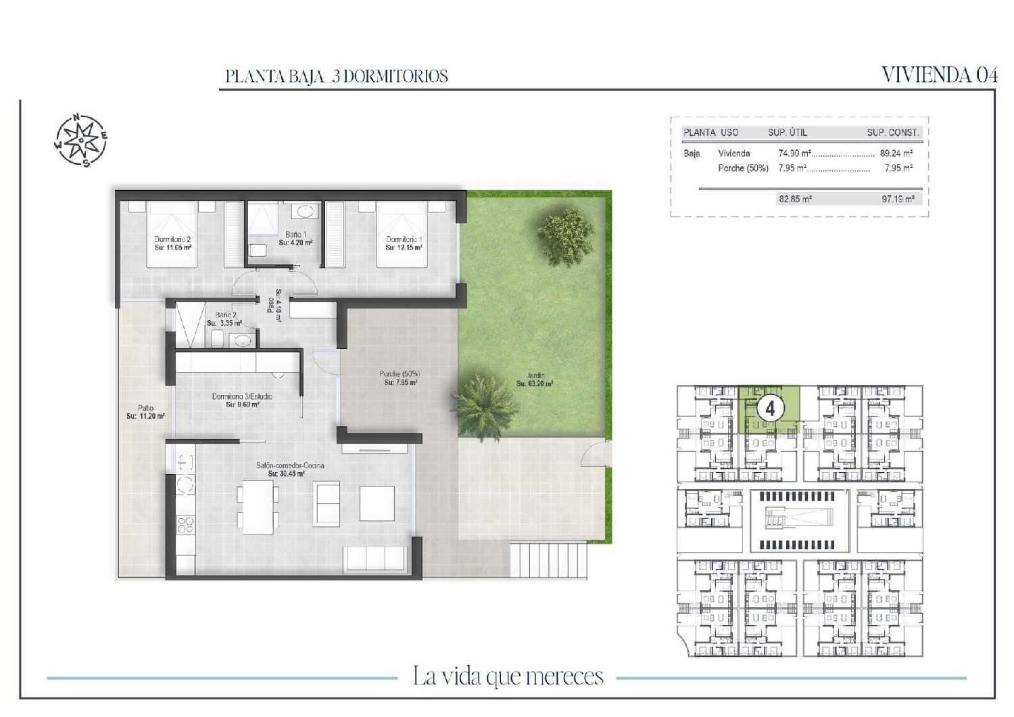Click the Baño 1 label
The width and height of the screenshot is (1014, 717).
(x=295, y=238)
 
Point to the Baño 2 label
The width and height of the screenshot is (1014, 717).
(x=225, y=319)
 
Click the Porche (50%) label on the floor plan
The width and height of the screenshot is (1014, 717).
(x=400, y=378)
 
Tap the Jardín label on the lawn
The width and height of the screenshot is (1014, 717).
(x=535, y=380)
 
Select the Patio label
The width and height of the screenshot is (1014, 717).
(x=145, y=412)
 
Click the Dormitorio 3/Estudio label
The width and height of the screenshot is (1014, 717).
(x=242, y=400)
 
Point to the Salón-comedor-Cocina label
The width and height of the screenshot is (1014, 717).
(x=289, y=469)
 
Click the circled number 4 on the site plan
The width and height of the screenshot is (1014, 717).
(x=769, y=409)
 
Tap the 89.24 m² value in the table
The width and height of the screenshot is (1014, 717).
(x=896, y=154)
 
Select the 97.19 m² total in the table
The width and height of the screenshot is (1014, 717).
(x=898, y=199)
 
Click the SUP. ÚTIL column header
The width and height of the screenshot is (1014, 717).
(x=787, y=133)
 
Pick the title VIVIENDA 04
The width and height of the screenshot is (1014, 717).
(x=940, y=74)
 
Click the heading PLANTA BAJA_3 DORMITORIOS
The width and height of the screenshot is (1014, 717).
(x=337, y=76)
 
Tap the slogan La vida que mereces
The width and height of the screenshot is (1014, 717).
(x=508, y=676)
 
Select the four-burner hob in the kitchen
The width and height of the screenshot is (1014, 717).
(x=185, y=525)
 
